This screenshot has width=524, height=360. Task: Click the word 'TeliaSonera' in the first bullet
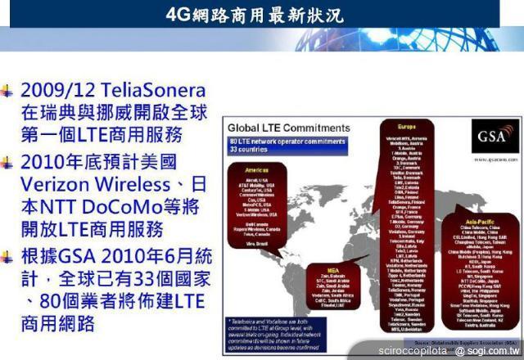(151, 90)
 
